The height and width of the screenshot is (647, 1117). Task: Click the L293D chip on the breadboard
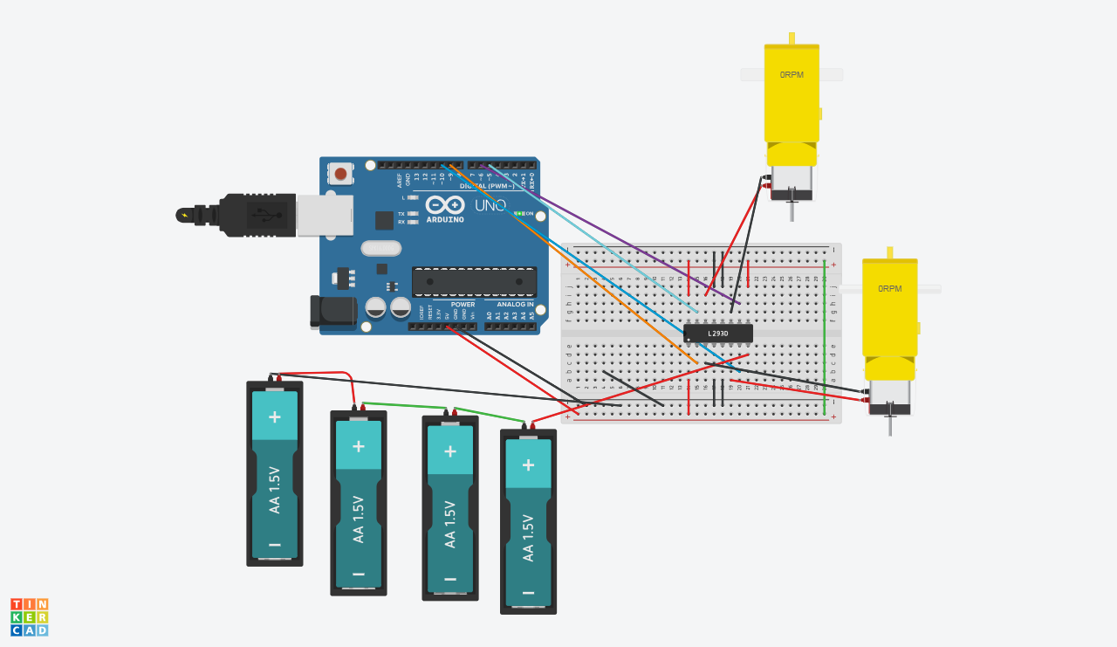[x=717, y=334]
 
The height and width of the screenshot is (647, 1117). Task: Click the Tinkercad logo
[x=30, y=617]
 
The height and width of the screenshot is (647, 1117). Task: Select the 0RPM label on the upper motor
[x=791, y=75]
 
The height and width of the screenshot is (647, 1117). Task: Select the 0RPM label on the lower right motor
[x=889, y=289]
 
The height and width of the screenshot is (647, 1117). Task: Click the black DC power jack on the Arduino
[x=332, y=312]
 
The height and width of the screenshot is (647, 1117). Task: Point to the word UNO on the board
[x=490, y=206]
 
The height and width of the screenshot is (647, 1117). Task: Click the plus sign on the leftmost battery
[x=275, y=416]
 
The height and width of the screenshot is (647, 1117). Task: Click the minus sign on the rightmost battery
[x=528, y=592]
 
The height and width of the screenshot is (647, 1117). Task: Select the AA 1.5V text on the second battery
[x=358, y=519]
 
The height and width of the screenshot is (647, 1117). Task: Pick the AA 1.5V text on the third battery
[x=450, y=524]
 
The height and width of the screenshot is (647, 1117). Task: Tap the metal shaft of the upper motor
[x=792, y=211]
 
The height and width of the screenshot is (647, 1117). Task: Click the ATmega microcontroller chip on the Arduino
[x=474, y=282]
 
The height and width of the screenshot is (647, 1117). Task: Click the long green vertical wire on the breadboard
[x=826, y=336]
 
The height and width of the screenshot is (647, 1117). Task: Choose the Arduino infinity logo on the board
[x=445, y=205]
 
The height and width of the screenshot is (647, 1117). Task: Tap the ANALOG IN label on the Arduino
[x=515, y=305]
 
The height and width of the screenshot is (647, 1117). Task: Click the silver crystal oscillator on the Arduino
[x=380, y=249]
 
